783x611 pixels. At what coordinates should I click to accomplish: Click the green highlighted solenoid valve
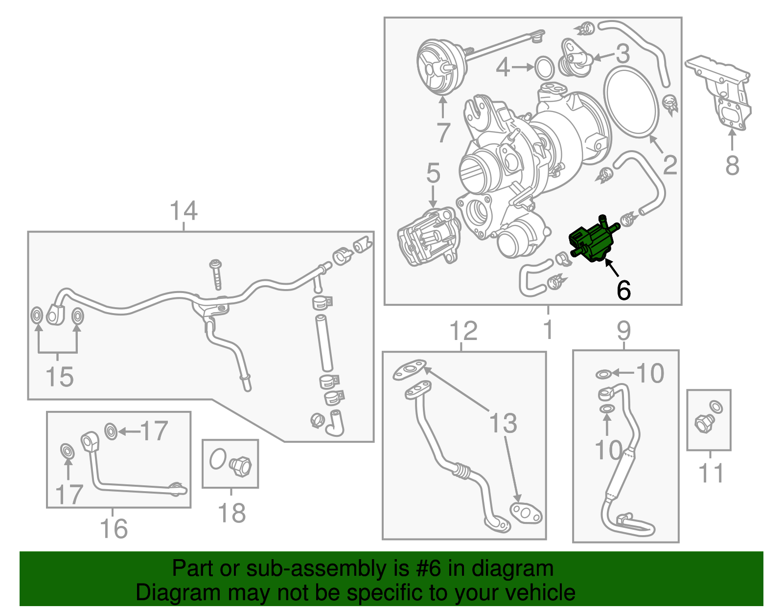(591, 242)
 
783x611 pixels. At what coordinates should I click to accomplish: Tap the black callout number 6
(623, 291)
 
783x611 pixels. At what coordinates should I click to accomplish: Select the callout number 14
(184, 211)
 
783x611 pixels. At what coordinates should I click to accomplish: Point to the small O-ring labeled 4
(545, 68)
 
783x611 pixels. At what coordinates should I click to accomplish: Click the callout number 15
(59, 377)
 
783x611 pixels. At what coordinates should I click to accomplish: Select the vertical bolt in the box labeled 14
(216, 274)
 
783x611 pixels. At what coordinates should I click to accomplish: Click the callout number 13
(503, 424)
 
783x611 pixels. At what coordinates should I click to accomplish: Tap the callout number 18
(231, 514)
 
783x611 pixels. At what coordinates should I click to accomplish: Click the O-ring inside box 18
(217, 459)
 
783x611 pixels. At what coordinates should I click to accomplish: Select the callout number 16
(114, 529)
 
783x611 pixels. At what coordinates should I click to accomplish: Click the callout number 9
(624, 331)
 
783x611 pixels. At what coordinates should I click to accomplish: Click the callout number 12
(463, 331)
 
